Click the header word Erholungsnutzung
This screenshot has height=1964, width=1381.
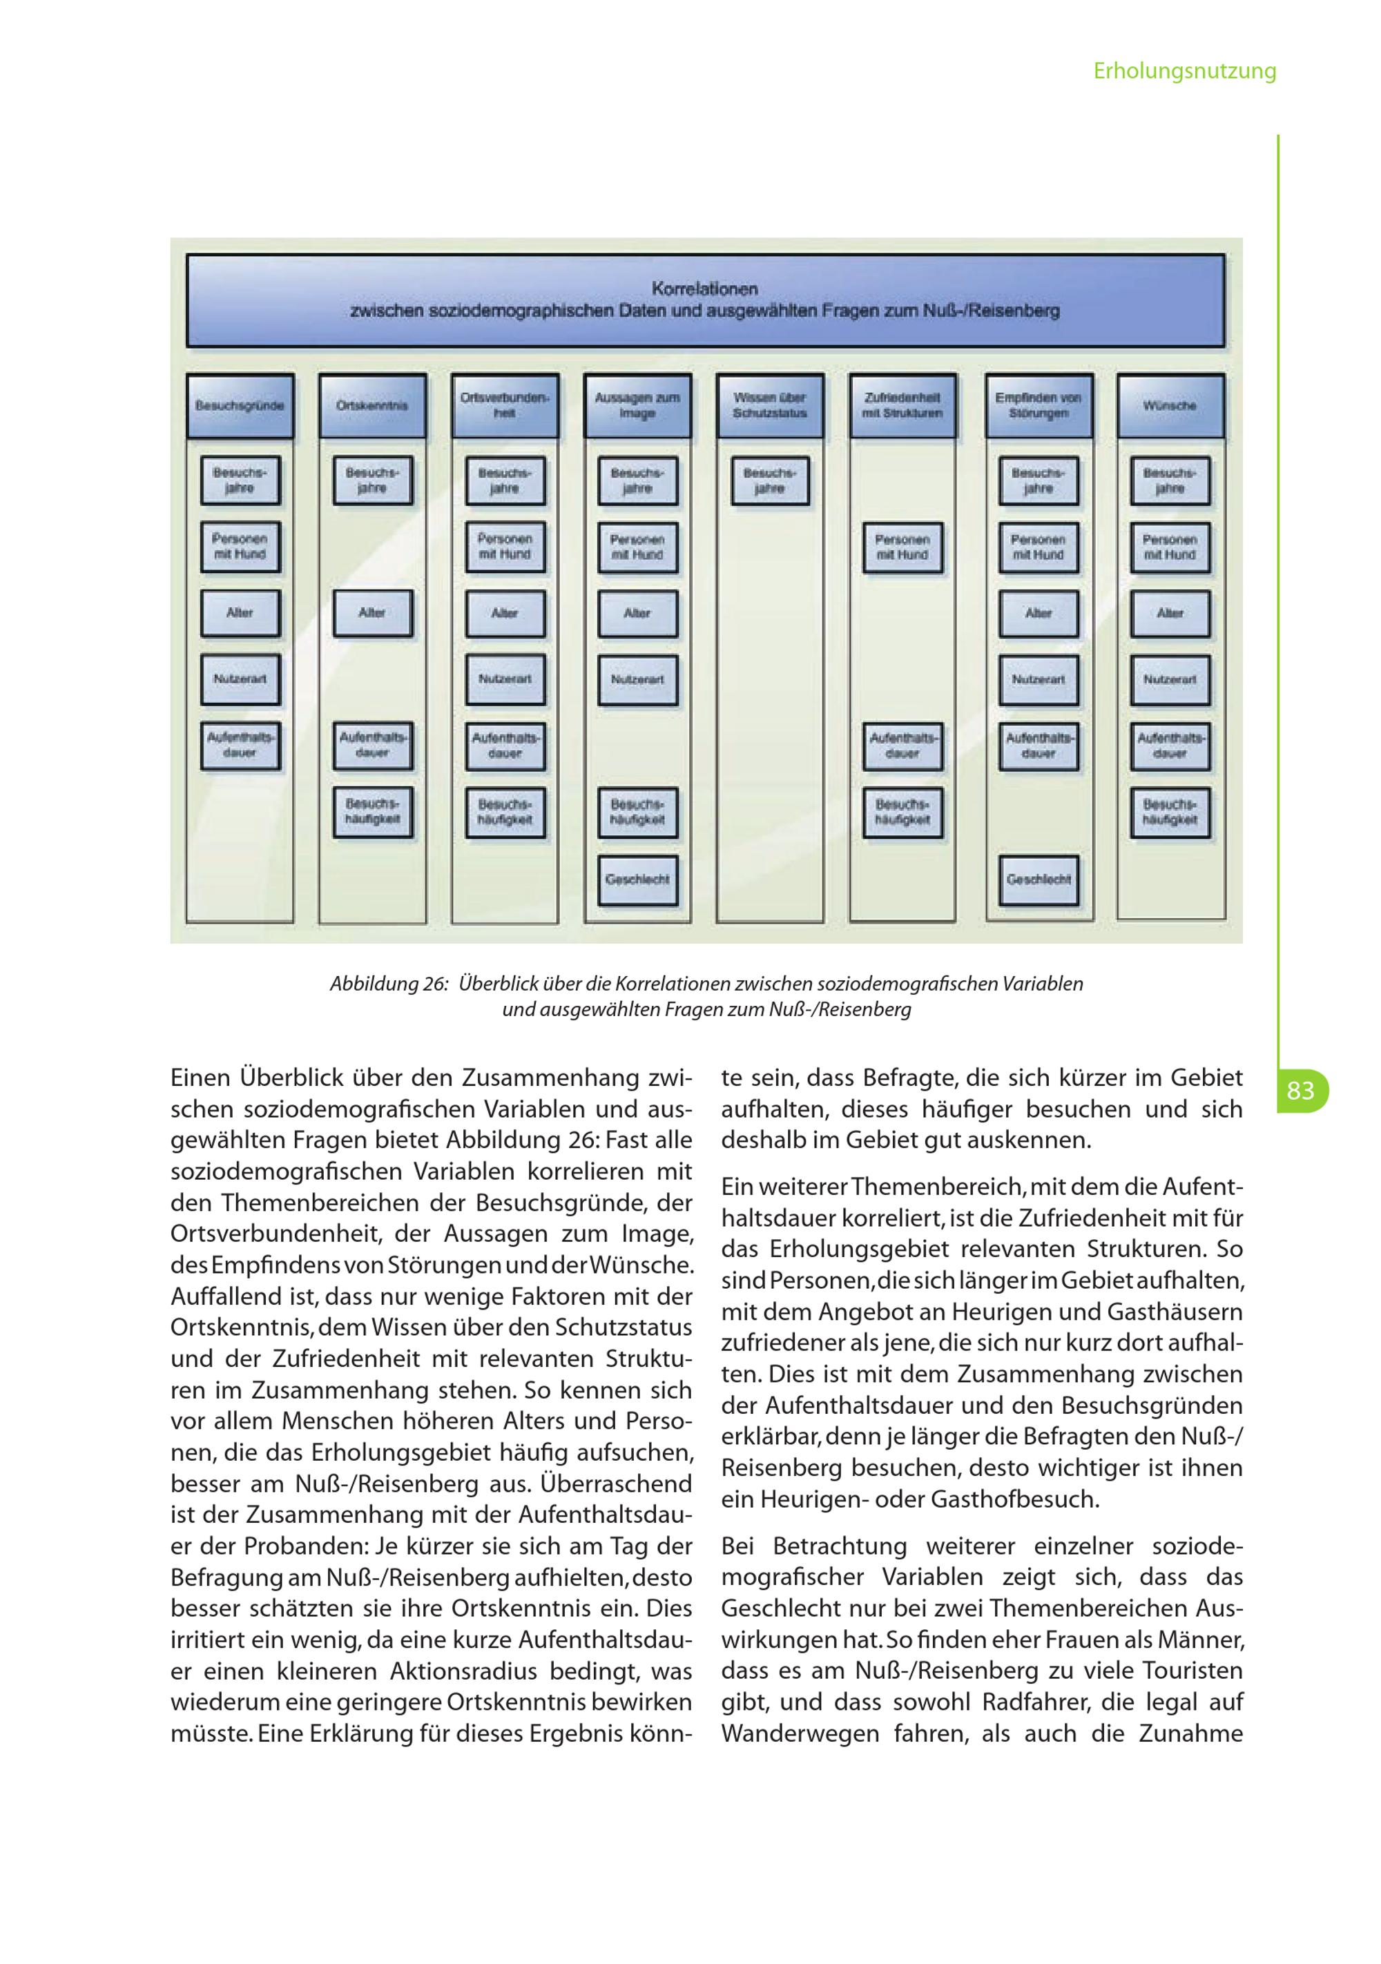coord(1184,71)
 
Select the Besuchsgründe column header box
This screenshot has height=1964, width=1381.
coord(240,405)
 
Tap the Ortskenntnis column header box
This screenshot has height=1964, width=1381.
coord(372,405)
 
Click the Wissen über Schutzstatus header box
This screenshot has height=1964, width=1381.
coord(770,405)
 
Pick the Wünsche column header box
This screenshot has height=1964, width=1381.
coord(1170,405)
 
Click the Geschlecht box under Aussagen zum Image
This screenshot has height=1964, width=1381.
coord(637,879)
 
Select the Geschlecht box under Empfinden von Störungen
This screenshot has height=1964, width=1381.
coord(1038,879)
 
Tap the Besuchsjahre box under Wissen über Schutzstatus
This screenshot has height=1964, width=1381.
coord(770,480)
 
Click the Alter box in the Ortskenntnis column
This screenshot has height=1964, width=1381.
coord(372,613)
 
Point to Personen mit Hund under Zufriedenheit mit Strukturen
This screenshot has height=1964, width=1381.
coord(902,547)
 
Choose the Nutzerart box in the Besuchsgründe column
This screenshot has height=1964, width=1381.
coord(240,679)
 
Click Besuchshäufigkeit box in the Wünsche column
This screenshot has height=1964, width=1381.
coord(1170,812)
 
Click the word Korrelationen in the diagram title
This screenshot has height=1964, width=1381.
coord(704,289)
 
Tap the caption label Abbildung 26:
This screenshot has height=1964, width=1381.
coord(389,984)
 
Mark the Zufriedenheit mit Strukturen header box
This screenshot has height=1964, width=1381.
coord(902,405)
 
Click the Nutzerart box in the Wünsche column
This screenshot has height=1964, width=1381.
coord(1170,679)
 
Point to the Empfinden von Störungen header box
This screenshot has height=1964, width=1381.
coord(1038,405)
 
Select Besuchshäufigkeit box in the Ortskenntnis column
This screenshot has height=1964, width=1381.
coord(372,812)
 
